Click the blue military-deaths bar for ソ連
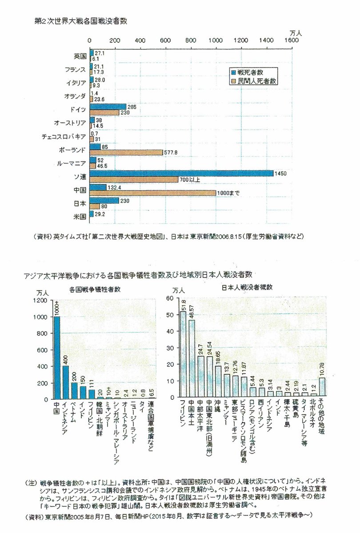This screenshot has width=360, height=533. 181,173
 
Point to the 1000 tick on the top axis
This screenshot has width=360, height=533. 216,40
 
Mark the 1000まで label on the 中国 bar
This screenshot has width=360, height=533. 228,192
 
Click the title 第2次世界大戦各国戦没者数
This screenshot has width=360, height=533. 80,20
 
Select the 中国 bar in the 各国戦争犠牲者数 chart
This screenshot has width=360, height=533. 56,358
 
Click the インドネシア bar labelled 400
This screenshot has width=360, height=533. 65,382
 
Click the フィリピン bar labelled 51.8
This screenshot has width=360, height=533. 183,354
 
